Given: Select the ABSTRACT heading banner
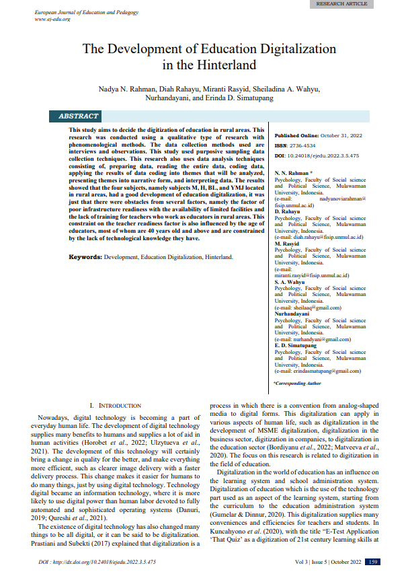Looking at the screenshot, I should (x=79, y=116).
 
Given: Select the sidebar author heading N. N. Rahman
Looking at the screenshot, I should (x=294, y=173).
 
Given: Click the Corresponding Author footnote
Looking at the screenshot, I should (x=297, y=383).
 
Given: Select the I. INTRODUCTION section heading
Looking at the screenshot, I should (x=120, y=406).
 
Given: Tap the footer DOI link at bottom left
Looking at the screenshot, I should (x=97, y=562).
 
